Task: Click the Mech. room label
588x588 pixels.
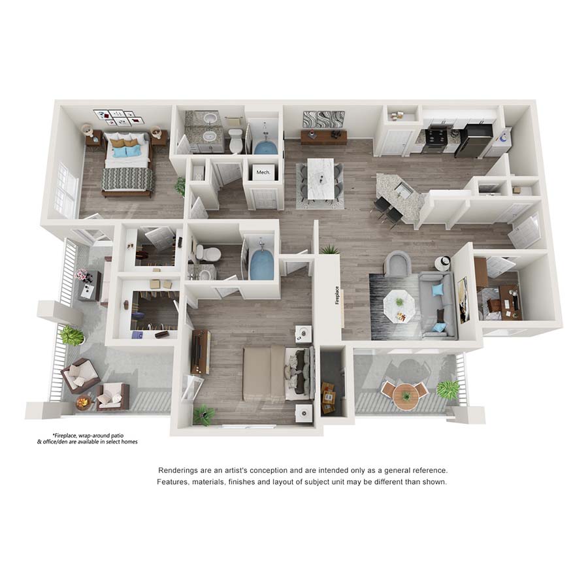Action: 263,172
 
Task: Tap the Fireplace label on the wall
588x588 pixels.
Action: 337,295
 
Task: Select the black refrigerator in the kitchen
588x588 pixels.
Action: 473,140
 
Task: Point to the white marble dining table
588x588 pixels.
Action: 321,178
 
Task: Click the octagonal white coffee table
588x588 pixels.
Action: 399,306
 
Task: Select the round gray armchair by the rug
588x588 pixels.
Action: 398,264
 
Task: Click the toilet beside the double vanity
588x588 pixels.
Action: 236,140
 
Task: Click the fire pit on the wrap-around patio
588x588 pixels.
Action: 83,403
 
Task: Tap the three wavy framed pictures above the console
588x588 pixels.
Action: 323,120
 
